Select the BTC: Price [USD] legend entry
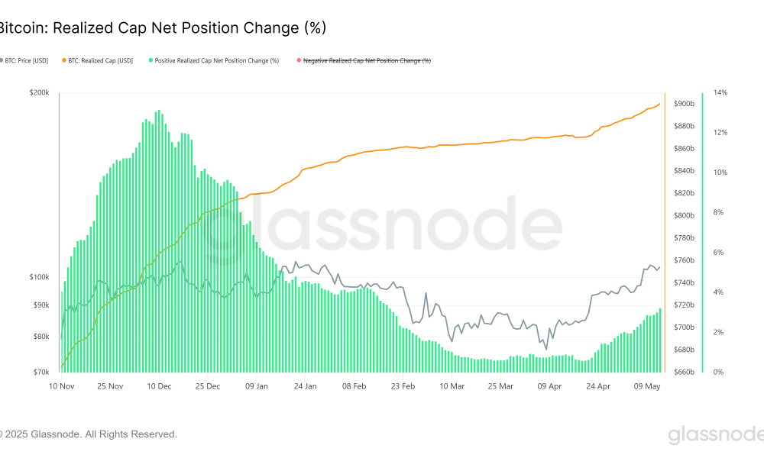(x=27, y=60)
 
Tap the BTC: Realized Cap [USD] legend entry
(x=100, y=60)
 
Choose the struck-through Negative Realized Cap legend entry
(x=367, y=60)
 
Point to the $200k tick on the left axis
(x=39, y=92)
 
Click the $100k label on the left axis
(x=39, y=277)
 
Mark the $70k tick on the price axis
(x=40, y=373)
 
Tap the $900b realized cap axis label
(x=684, y=104)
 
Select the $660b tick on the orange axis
(x=684, y=373)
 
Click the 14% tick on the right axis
(x=720, y=92)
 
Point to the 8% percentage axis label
(x=719, y=212)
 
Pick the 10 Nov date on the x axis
(x=60, y=386)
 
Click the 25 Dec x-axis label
(x=207, y=386)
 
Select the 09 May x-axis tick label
(x=647, y=386)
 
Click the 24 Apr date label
(x=598, y=386)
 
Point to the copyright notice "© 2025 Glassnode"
(x=88, y=434)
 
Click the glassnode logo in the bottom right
(x=715, y=435)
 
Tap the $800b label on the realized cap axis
(x=684, y=215)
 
